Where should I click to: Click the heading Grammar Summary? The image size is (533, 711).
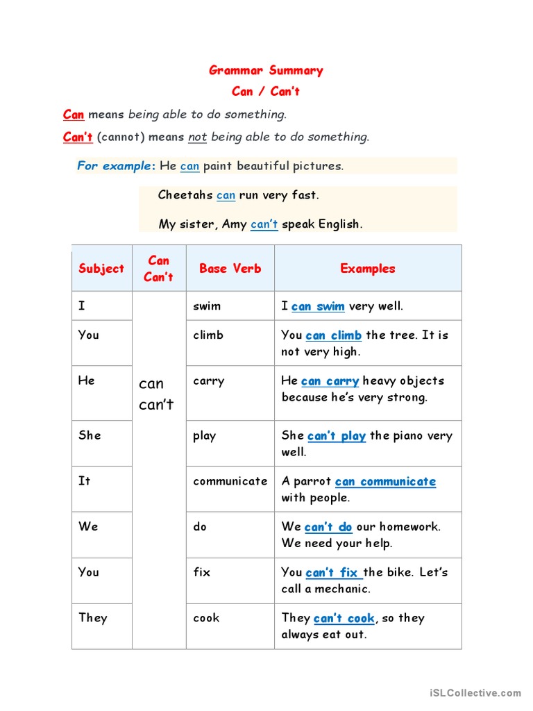[x=266, y=70]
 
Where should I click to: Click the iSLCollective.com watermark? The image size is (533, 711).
[x=475, y=692]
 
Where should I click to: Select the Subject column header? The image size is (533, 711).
[x=101, y=269]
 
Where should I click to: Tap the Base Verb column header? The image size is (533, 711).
[x=230, y=269]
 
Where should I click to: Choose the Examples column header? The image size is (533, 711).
[x=368, y=269]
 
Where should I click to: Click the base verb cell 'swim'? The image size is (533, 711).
[x=207, y=306]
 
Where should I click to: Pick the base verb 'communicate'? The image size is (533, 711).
[x=230, y=480]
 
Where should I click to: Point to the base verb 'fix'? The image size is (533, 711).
[x=201, y=572]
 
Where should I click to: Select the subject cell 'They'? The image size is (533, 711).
[x=93, y=618]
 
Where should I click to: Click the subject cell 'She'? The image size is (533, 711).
[x=90, y=435]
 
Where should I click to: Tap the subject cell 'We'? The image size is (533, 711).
[x=88, y=526]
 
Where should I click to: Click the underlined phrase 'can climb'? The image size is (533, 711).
[x=333, y=335]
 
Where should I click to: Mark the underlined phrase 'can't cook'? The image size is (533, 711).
[x=344, y=618]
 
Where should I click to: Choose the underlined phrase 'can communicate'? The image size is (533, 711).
[x=385, y=481]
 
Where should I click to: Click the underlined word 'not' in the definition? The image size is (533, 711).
[x=198, y=137]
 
